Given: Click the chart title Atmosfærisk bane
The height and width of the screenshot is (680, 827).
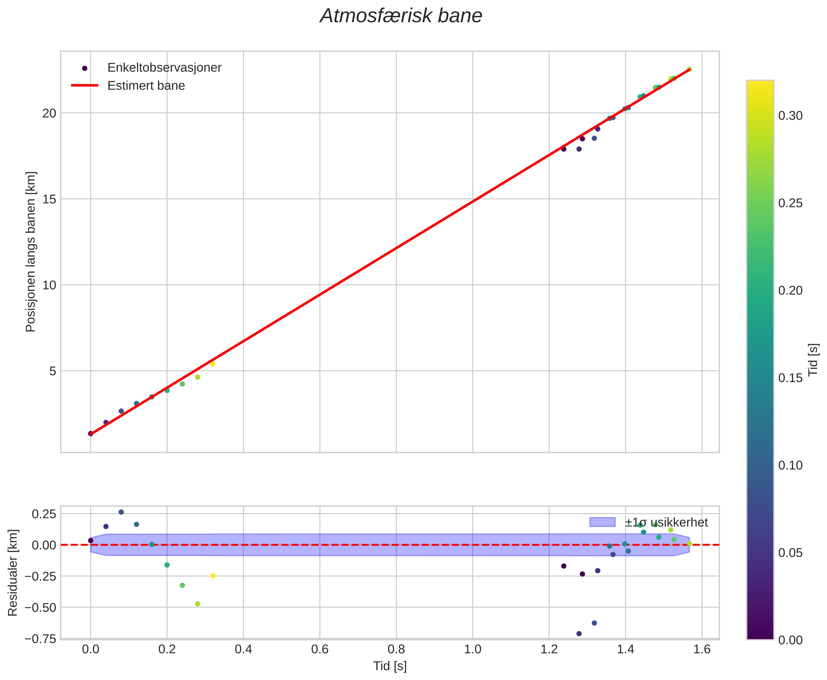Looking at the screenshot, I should click(x=401, y=16).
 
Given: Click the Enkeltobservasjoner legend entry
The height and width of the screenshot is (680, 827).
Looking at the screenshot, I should click(x=164, y=68).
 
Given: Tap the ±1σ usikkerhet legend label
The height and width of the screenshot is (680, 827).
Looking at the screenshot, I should click(x=666, y=523).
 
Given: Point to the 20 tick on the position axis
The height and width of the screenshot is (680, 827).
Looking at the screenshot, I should click(x=49, y=113).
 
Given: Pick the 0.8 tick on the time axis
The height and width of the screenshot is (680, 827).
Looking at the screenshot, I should click(x=396, y=649).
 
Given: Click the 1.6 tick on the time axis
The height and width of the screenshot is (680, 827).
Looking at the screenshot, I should click(x=702, y=649).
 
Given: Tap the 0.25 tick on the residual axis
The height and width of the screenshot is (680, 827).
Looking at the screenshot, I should click(x=44, y=513).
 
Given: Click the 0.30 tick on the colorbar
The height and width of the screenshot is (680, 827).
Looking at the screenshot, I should click(x=790, y=116).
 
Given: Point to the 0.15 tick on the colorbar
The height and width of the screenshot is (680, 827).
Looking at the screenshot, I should click(x=790, y=378).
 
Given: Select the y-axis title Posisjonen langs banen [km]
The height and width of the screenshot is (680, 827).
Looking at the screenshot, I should click(x=31, y=252).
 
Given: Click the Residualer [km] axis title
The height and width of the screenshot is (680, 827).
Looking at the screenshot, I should click(x=13, y=572).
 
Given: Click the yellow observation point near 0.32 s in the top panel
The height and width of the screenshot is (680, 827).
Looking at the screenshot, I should click(x=213, y=364).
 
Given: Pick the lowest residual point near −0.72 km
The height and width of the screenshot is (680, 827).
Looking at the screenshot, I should click(x=579, y=634).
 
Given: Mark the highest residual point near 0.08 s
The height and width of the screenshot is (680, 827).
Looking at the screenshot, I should click(x=121, y=512).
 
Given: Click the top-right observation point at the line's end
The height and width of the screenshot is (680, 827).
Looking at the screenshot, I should click(x=690, y=69).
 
